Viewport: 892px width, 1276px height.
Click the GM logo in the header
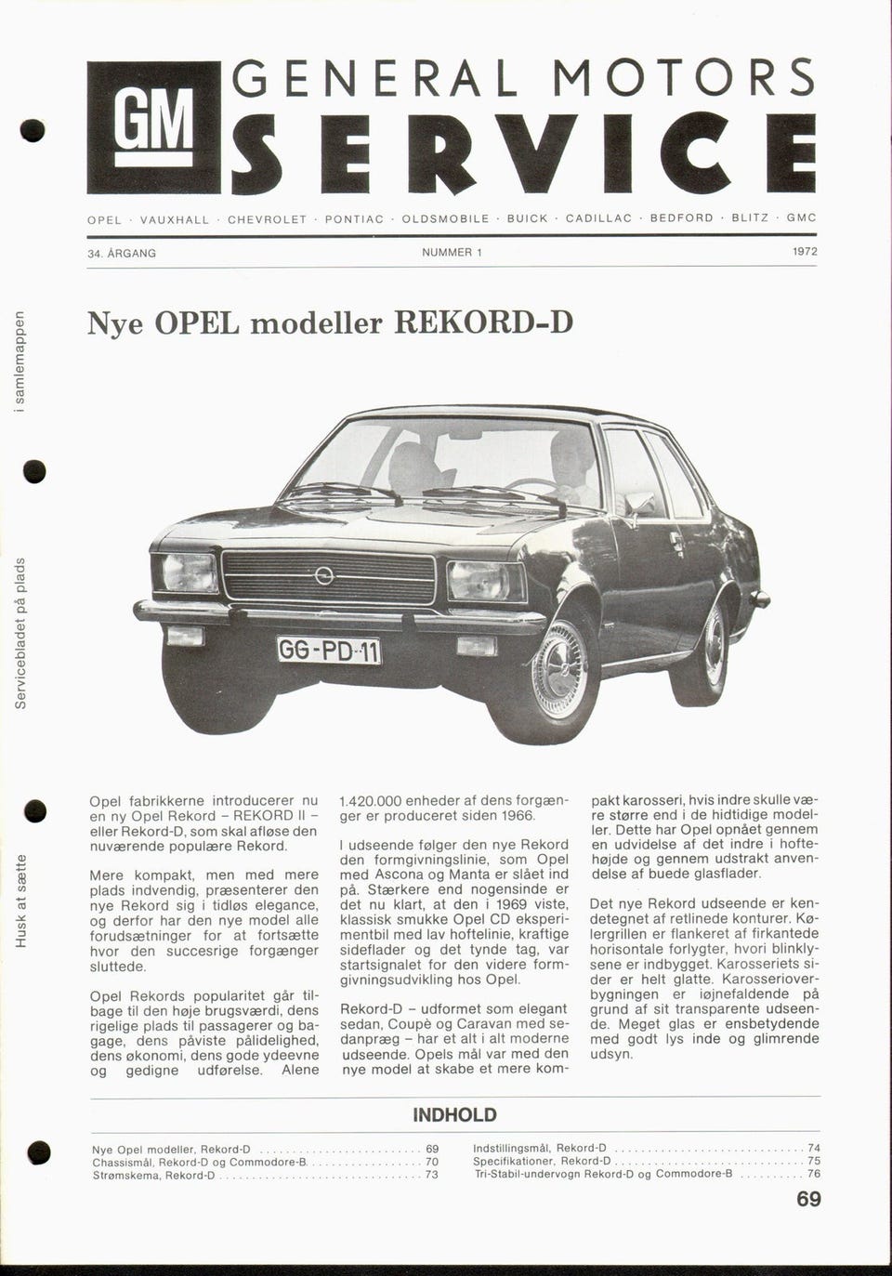click(x=153, y=126)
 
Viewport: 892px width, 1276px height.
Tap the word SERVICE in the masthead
click(x=524, y=154)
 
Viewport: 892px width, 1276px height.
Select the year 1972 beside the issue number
click(x=805, y=252)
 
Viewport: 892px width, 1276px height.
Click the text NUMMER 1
click(x=452, y=253)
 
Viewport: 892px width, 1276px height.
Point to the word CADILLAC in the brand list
click(x=598, y=218)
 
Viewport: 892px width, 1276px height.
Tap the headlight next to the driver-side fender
click(x=486, y=581)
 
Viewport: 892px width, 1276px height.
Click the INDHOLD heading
click(x=454, y=1115)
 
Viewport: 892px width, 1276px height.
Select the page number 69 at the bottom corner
click(x=808, y=1200)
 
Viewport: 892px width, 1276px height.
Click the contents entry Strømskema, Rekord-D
click(x=154, y=1176)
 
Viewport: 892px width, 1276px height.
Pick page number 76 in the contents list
click(x=814, y=1174)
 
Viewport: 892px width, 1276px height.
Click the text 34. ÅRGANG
click(x=121, y=253)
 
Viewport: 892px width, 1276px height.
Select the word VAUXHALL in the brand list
click(x=174, y=219)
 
